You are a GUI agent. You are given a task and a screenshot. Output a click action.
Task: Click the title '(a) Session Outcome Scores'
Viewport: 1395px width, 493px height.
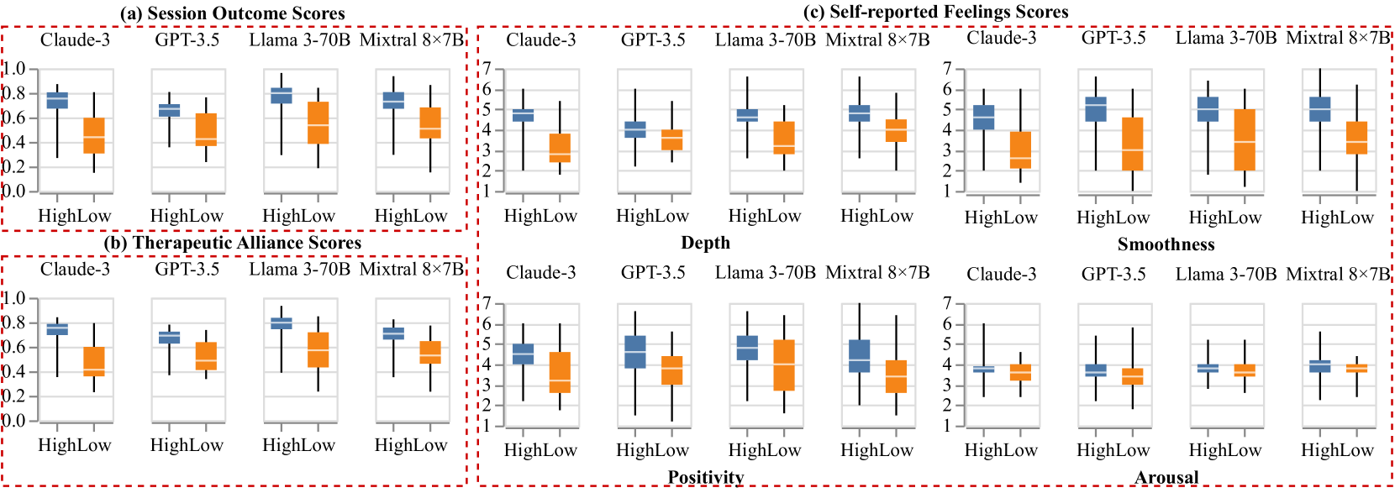click(232, 13)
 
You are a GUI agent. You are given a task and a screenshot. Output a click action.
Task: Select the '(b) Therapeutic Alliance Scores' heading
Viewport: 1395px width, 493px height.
click(232, 243)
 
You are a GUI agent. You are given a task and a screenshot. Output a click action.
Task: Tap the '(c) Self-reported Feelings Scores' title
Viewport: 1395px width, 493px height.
click(936, 12)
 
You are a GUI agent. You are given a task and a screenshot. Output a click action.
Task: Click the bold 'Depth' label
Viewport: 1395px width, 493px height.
click(705, 243)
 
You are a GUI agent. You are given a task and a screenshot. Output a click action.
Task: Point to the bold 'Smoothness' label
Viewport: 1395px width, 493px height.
click(1166, 244)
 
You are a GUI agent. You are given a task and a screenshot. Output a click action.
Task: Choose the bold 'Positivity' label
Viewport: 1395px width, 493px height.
click(705, 477)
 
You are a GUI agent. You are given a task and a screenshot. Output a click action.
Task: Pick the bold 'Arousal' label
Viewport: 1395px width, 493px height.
click(1166, 477)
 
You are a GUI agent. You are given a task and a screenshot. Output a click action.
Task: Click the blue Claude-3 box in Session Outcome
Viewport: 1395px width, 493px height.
click(57, 100)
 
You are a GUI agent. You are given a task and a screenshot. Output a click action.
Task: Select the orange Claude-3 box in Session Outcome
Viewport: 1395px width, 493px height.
click(94, 135)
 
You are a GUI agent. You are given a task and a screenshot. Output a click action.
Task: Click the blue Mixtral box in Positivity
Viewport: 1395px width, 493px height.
click(859, 355)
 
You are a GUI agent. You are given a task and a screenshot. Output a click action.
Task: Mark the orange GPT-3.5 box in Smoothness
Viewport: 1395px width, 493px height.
click(1132, 144)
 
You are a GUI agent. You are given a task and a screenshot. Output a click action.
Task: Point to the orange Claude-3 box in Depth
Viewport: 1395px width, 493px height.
click(560, 148)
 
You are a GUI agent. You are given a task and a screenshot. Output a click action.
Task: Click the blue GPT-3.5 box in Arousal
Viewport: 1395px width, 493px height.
click(1095, 370)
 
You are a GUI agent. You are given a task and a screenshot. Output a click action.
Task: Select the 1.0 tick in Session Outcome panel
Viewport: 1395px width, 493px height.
click(15, 69)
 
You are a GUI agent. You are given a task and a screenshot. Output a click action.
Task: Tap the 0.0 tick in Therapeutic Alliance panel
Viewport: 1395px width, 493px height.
click(15, 421)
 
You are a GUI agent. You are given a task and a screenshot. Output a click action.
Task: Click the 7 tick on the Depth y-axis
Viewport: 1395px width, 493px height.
click(487, 69)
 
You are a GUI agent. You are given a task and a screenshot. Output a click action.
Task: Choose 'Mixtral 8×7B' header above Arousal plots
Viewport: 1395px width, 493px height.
click(1338, 274)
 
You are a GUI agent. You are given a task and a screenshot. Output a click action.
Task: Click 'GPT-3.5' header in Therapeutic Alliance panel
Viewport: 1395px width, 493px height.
click(187, 269)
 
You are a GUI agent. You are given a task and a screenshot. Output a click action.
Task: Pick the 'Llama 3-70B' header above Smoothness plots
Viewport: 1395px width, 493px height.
click(1225, 38)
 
